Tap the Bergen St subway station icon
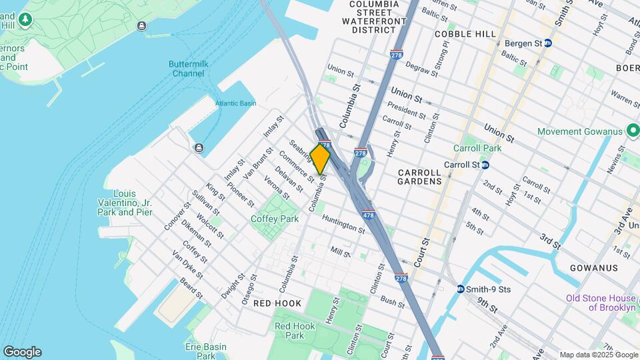pos(548,43)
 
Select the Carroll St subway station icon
pos(485,165)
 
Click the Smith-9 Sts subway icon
pos(461,289)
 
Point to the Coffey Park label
pos(275,219)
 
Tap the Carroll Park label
pos(477,148)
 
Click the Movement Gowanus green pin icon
pos(633,131)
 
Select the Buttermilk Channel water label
pos(187,69)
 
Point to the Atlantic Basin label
pos(235,103)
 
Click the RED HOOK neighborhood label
pos(277,303)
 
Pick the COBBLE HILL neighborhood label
pos(465,34)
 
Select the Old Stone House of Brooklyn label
pos(601,303)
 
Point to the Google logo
pos(22,351)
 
